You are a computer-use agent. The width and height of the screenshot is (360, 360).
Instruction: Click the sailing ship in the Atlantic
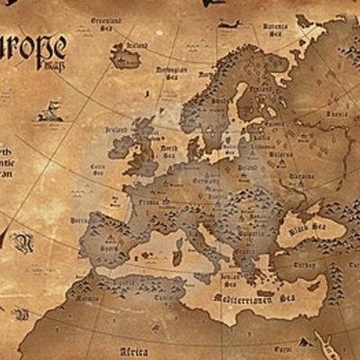tap(51, 113)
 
